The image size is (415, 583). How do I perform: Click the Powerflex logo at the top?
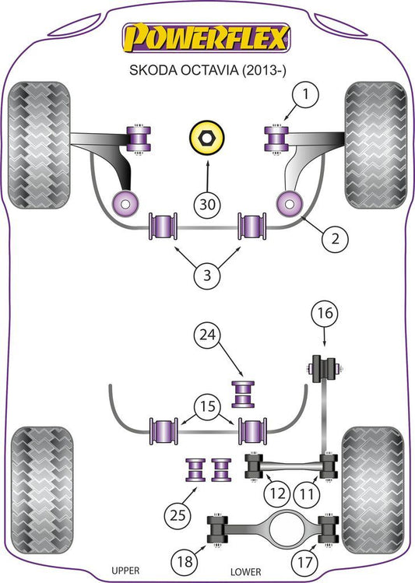coord(206,37)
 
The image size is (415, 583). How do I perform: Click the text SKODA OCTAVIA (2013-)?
coord(207,70)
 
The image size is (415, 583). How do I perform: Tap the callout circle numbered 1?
coord(305,94)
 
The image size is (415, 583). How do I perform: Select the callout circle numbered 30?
coord(207,204)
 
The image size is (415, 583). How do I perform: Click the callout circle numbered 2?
coord(335,239)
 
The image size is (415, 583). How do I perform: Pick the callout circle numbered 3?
coord(207,275)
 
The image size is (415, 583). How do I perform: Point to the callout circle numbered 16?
coord(325,313)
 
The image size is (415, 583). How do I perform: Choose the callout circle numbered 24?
coord(207,335)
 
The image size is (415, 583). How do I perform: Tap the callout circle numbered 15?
coord(207,406)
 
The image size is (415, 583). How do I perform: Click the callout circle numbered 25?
coord(178,515)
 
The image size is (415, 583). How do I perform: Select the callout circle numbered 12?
coord(277,493)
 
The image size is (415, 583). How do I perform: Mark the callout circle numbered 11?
coord(307,494)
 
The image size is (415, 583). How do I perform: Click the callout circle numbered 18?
coord(185,561)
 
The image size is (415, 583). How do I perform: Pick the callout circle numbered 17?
coord(304,561)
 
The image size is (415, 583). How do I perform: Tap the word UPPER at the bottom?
coord(125,571)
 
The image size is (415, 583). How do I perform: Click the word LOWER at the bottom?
coord(246,572)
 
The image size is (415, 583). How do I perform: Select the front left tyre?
coord(39,145)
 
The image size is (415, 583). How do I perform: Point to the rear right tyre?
coord(373,491)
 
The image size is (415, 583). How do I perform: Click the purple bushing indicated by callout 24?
coord(243,394)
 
